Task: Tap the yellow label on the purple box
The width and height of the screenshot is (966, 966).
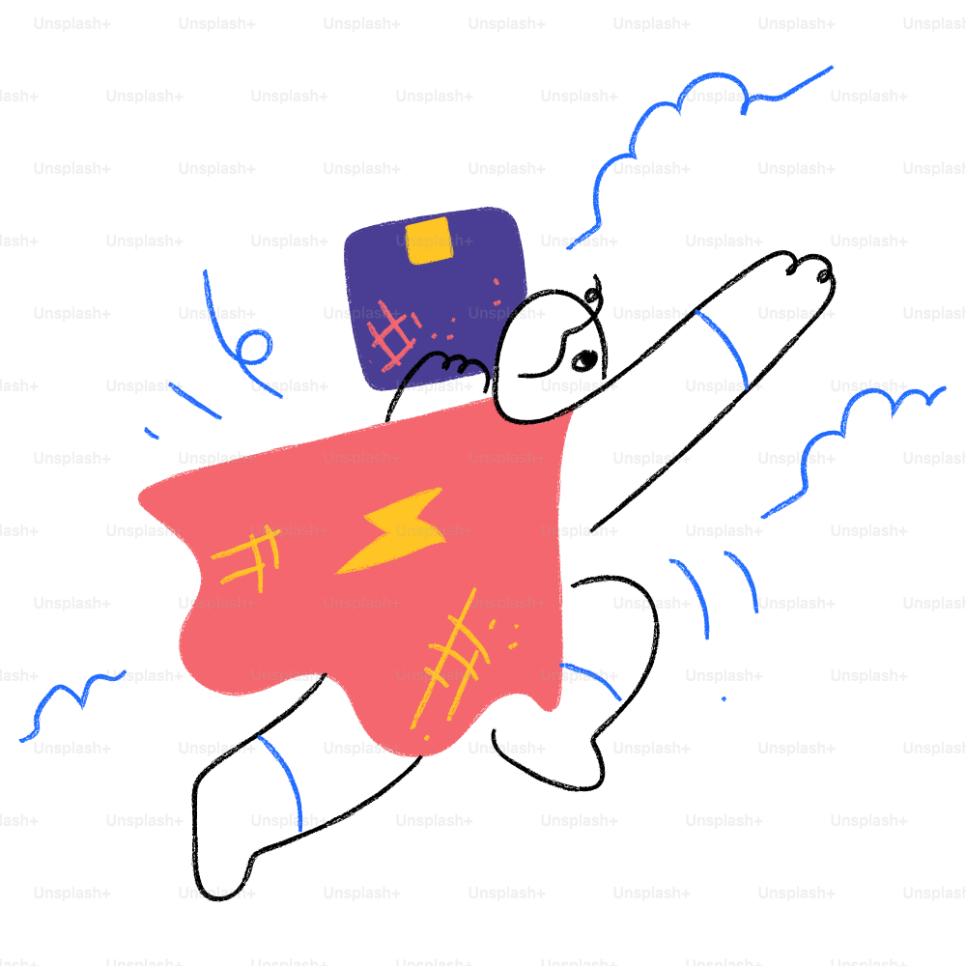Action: pyautogui.click(x=430, y=240)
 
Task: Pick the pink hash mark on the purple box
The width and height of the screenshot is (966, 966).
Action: pyautogui.click(x=393, y=336)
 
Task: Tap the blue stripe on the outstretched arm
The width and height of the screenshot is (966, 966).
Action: pyautogui.click(x=722, y=349)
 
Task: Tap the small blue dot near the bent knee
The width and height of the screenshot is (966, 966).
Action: pyautogui.click(x=724, y=698)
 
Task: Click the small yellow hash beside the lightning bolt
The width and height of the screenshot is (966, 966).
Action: pyautogui.click(x=246, y=557)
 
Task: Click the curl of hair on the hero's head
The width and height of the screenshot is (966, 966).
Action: pyautogui.click(x=592, y=295)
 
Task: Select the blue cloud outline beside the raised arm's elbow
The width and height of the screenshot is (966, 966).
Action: pyautogui.click(x=853, y=451)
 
